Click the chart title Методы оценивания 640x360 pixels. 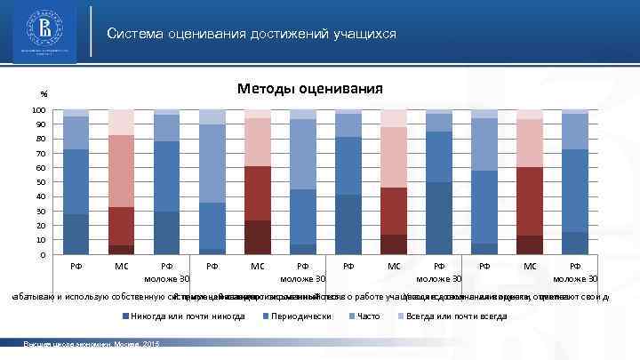point(308,88)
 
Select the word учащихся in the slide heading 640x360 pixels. point(364,34)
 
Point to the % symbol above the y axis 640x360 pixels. point(42,95)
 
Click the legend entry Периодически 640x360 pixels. point(300,316)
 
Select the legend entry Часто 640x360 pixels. point(367,316)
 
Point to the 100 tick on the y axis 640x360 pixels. point(39,110)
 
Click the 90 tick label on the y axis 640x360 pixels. point(41,125)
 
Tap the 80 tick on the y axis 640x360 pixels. point(41,140)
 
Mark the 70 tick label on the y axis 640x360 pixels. point(41,154)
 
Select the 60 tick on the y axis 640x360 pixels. point(41,169)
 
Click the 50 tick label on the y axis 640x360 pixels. point(41,183)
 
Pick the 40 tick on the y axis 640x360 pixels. point(41,197)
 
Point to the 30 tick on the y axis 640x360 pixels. point(41,212)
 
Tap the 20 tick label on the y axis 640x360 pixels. point(41,227)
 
